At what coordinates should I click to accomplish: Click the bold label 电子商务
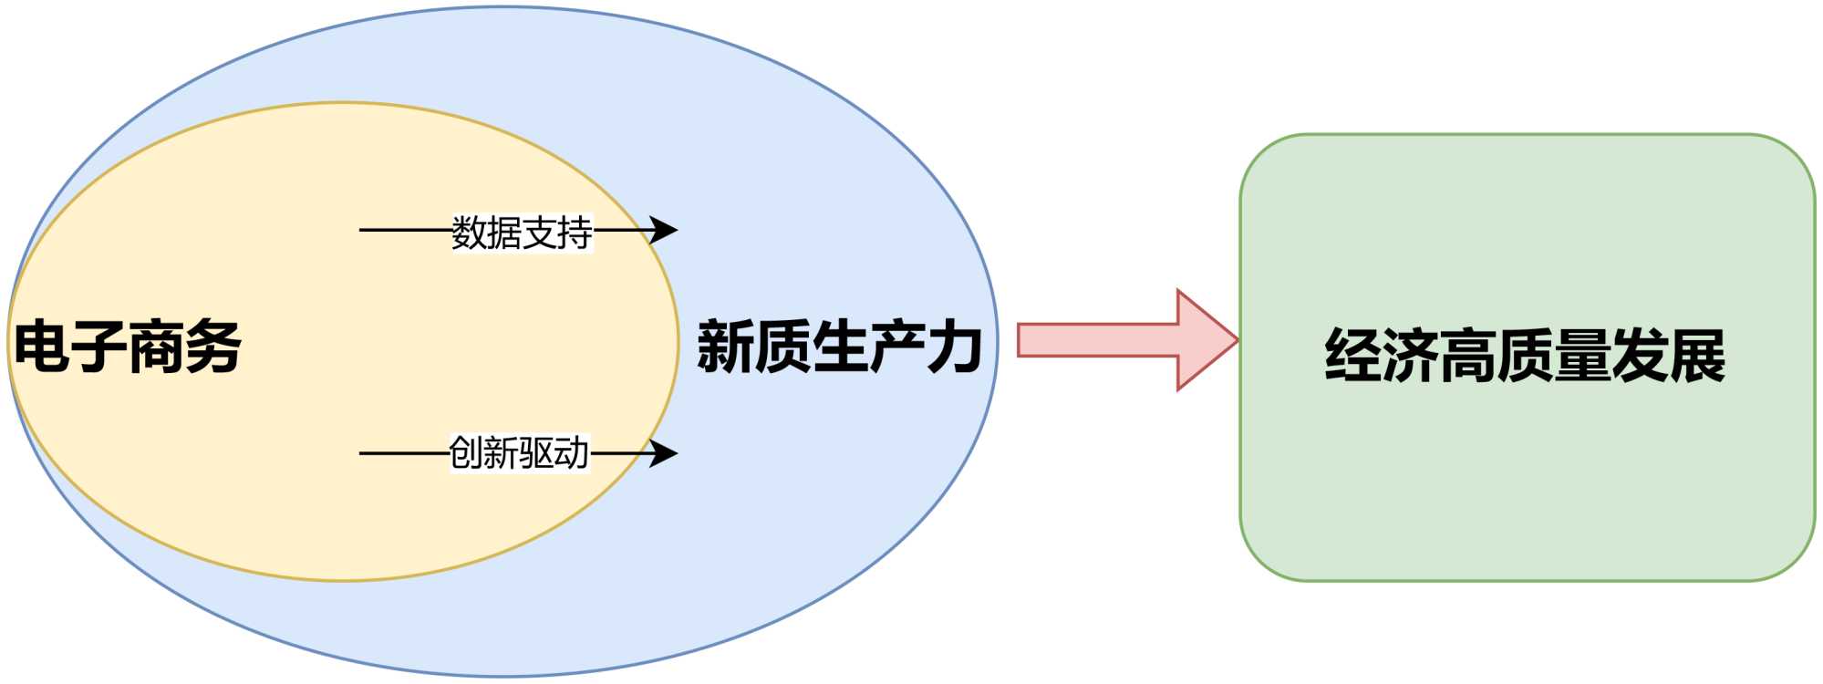tap(128, 347)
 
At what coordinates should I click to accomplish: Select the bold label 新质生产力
tap(839, 347)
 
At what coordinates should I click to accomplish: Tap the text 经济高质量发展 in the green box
tap(1525, 355)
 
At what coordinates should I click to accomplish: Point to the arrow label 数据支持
tap(522, 232)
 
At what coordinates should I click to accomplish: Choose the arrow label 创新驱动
tap(520, 452)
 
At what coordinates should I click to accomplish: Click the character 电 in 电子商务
tap(42, 347)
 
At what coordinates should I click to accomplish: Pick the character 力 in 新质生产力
tap(954, 347)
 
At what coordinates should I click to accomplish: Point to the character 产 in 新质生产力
tap(896, 347)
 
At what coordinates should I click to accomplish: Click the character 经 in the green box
tap(1353, 355)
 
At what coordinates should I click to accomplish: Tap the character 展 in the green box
tap(1697, 355)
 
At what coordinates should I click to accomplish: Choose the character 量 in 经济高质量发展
tap(1582, 355)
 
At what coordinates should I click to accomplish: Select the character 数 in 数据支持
tap(470, 232)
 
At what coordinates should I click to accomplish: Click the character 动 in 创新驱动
tap(572, 452)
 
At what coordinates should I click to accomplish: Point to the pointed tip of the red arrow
tap(1236, 340)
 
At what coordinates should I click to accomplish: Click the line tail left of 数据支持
tap(365, 230)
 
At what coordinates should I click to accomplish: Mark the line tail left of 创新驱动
tap(365, 452)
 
